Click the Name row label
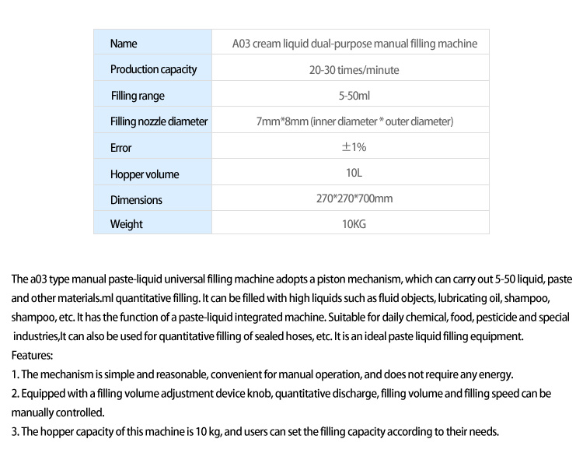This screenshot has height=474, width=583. pos(124,44)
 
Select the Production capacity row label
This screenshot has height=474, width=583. pos(153,69)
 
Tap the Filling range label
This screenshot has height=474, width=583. pos(138,96)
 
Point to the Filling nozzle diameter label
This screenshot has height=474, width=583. pos(159,121)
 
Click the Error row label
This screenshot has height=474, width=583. pos(121,147)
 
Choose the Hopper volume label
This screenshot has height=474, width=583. pos(145,173)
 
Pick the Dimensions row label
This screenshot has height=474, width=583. pos(136,199)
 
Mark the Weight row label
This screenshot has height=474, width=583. pos(126,224)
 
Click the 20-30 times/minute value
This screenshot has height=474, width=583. pos(354,70)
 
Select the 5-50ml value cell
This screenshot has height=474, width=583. pos(354,96)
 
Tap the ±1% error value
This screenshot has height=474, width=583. pos(354,147)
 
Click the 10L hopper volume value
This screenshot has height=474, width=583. pos(354,173)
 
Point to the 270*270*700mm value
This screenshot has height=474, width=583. pos(354,198)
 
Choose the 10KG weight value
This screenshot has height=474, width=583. pos(354,224)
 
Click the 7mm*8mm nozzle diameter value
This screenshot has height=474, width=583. pos(354,121)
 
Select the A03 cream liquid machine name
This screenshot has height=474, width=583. pos(354,44)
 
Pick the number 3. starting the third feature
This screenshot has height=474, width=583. pos(16,432)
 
